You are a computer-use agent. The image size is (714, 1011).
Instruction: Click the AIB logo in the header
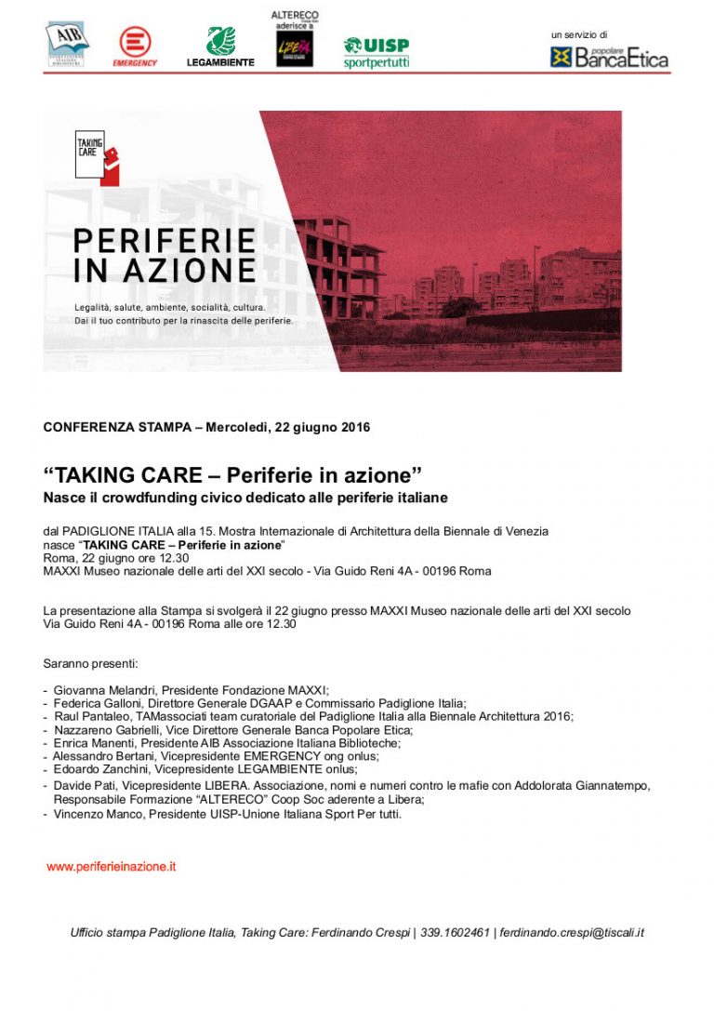(x=67, y=44)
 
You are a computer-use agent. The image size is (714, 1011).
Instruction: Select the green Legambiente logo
(x=220, y=47)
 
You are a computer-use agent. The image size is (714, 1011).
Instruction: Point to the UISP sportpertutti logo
(x=377, y=53)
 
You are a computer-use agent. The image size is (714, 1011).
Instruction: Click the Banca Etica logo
(x=609, y=58)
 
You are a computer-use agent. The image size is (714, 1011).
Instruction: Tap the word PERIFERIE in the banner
(x=165, y=241)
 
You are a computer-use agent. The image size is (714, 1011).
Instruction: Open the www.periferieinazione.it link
(x=112, y=867)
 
